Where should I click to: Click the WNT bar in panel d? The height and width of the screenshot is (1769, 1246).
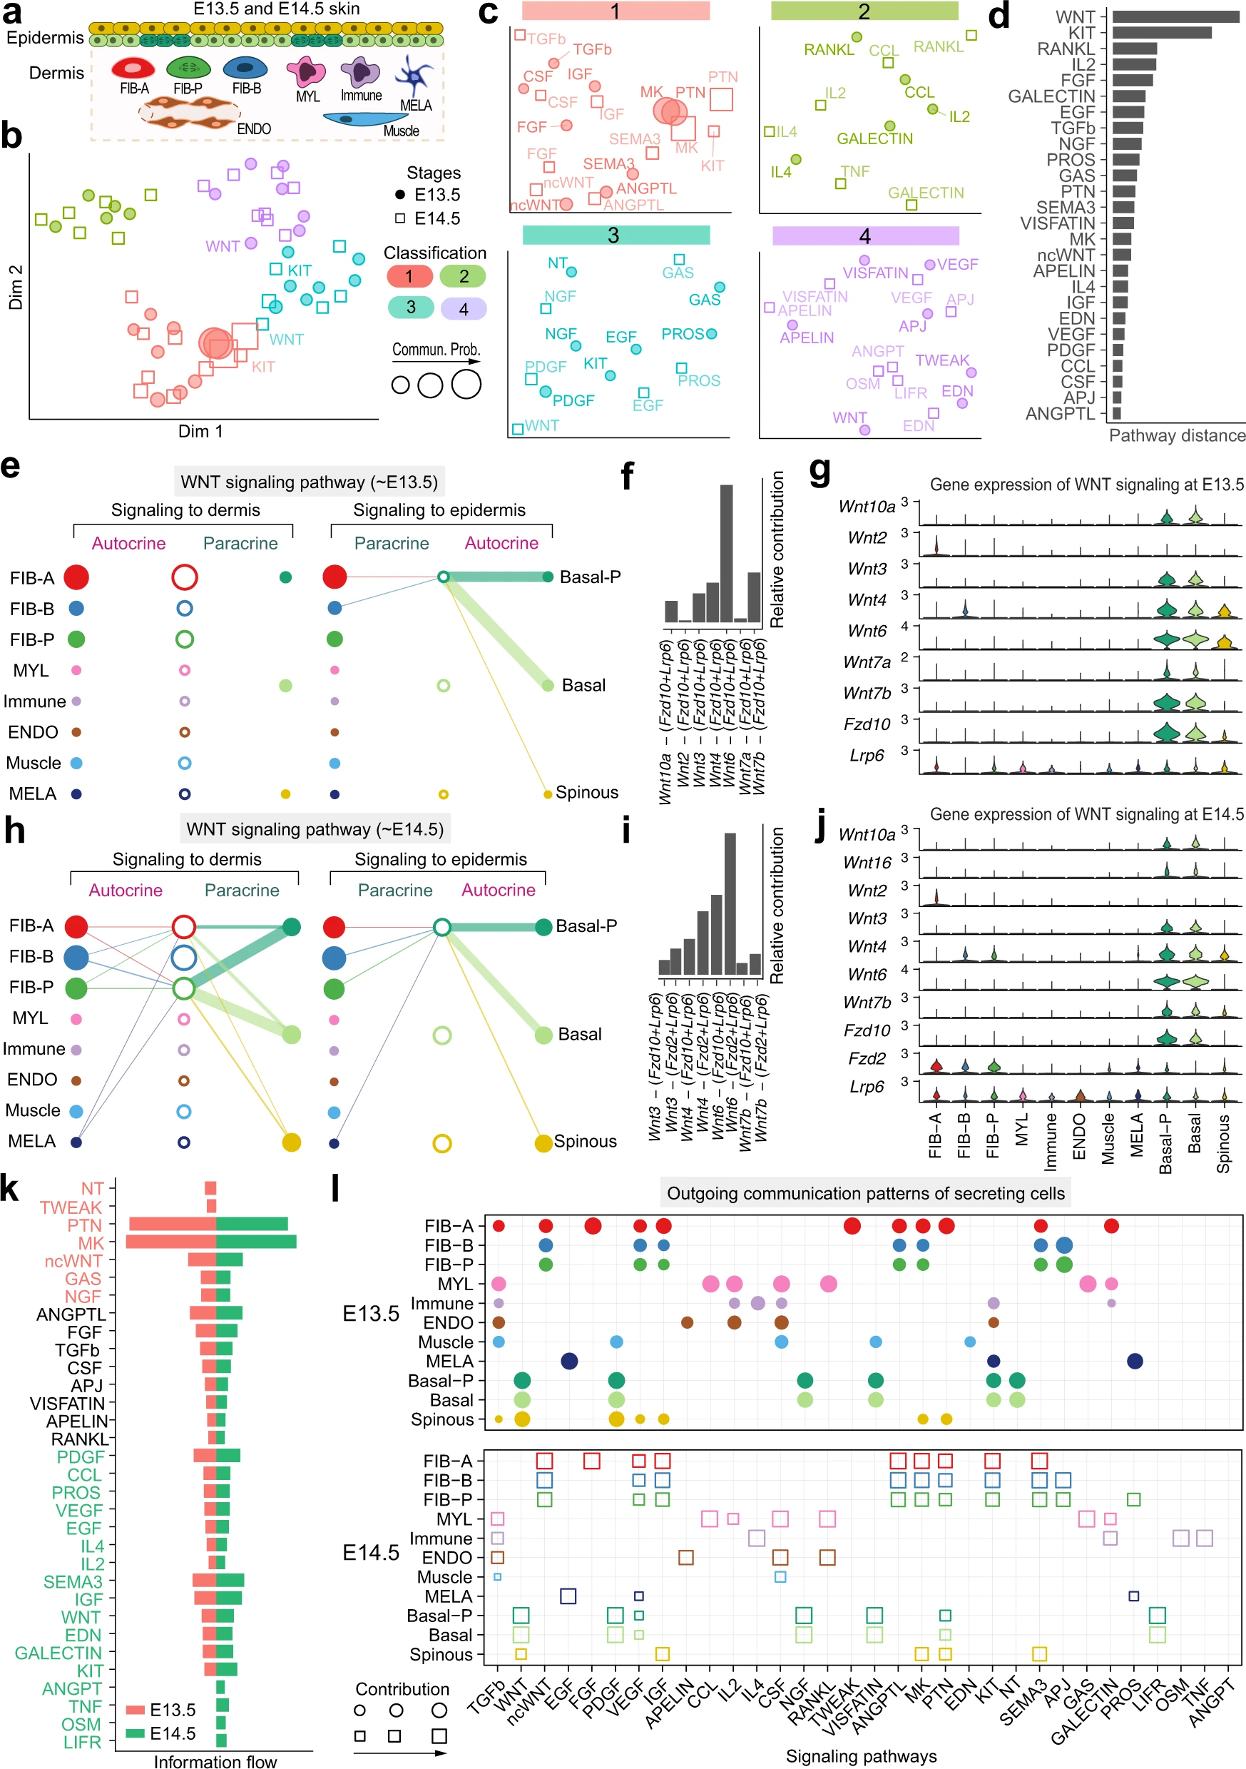[1175, 16]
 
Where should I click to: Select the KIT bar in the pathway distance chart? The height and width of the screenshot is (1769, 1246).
[1160, 32]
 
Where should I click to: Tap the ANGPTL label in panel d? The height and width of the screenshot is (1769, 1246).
[1060, 415]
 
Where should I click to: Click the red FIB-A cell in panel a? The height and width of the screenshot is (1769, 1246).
[133, 69]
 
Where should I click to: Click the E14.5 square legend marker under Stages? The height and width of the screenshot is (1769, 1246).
[399, 218]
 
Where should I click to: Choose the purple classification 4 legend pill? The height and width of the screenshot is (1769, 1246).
[463, 309]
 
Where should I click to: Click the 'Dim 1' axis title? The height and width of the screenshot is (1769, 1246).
[200, 432]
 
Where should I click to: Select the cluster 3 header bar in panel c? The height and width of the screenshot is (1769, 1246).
[616, 235]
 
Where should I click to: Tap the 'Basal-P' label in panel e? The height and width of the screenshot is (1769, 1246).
[590, 577]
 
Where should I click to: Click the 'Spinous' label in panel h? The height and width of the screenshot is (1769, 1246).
[586, 1141]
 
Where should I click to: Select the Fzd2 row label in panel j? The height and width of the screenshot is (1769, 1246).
[867, 1059]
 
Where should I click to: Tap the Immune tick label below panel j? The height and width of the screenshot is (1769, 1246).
[1051, 1141]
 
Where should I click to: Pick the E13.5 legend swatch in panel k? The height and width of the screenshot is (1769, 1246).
[136, 1710]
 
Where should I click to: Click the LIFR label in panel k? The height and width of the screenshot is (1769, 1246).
[83, 1742]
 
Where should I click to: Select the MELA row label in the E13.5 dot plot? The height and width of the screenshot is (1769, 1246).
[450, 1362]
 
